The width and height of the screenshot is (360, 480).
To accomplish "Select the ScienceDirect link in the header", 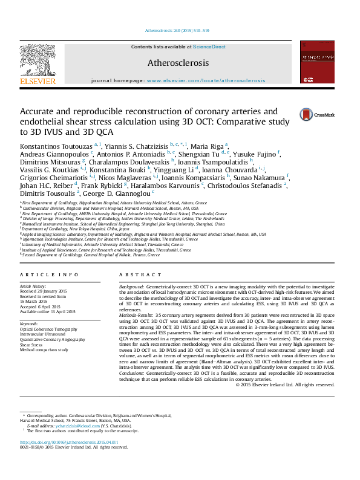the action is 209,47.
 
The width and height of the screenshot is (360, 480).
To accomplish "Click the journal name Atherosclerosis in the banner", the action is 178,63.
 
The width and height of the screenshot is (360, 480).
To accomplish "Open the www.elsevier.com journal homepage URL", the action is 206,80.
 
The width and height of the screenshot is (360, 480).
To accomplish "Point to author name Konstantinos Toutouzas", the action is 56,146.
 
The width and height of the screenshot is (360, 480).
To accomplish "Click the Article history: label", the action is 33,285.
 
